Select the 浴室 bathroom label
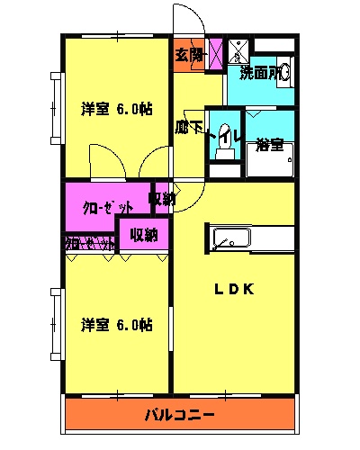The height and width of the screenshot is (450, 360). pyautogui.click(x=269, y=143)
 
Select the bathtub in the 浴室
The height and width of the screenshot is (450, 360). pyautogui.click(x=270, y=163)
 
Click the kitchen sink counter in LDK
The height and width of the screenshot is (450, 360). pyautogui.click(x=251, y=238)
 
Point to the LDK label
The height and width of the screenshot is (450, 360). pyautogui.click(x=236, y=290)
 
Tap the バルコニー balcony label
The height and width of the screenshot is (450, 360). pyautogui.click(x=180, y=416)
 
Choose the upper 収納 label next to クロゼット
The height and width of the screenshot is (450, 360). pyautogui.click(x=161, y=199)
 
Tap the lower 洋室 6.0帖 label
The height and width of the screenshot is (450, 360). pyautogui.click(x=116, y=323)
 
